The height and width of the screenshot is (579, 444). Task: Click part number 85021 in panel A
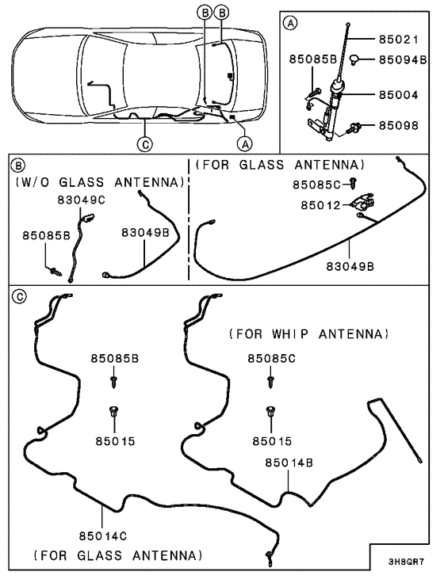tap(400, 39)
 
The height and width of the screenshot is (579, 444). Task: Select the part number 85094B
tap(403, 59)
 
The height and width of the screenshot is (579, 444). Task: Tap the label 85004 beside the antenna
tap(400, 95)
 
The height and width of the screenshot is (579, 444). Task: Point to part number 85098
tap(400, 125)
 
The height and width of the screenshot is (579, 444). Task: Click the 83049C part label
tap(80, 200)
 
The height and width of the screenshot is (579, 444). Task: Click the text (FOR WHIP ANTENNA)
tap(309, 333)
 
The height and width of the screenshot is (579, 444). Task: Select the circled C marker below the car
tap(144, 143)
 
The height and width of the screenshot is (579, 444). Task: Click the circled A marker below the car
tap(245, 143)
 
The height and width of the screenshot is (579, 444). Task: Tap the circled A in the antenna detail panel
tap(291, 25)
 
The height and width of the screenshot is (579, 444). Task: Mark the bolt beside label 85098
tap(358, 125)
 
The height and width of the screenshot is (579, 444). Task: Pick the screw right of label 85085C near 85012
tap(354, 185)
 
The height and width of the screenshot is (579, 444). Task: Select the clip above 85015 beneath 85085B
tap(114, 411)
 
